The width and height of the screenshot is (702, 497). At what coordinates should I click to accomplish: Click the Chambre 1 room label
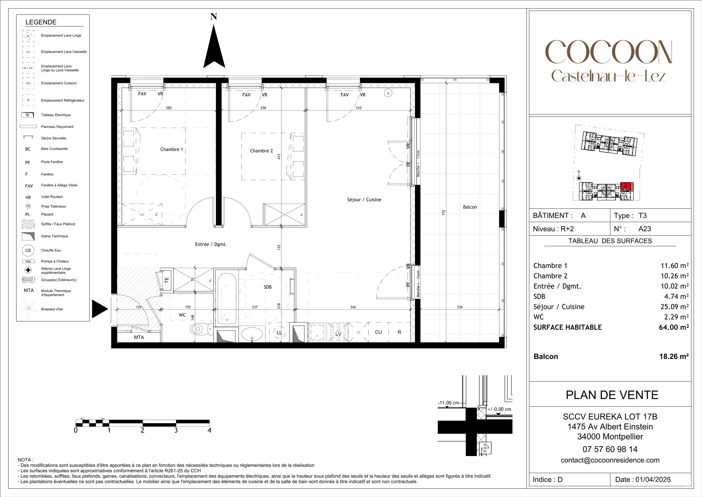click(x=172, y=149)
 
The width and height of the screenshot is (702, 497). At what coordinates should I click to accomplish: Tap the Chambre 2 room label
click(x=261, y=151)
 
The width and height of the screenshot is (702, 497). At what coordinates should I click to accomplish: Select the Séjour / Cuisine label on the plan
click(x=364, y=200)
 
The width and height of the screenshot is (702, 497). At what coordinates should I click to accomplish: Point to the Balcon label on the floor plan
click(x=470, y=207)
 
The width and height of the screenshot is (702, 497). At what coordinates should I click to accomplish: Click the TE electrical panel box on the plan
click(x=167, y=279)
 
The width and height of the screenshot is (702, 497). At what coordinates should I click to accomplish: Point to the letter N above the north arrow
click(x=214, y=17)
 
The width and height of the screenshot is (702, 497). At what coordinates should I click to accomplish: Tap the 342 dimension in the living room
click(x=353, y=307)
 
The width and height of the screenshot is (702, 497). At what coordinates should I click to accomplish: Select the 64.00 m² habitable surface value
click(x=674, y=327)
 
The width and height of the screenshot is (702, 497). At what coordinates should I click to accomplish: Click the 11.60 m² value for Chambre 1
click(x=674, y=266)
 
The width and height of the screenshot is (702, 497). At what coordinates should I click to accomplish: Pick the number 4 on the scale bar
click(x=209, y=430)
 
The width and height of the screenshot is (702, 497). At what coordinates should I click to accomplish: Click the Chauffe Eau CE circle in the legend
click(x=28, y=250)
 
